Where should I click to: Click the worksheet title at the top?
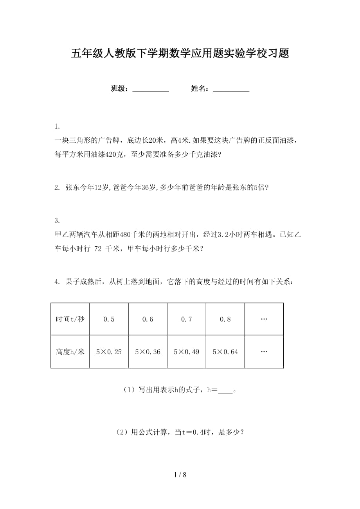(180, 54)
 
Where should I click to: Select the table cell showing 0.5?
(109, 319)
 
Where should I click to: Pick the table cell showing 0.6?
(148, 319)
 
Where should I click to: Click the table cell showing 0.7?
(186, 319)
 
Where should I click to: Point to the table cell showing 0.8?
(225, 319)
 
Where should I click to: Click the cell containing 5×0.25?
(109, 352)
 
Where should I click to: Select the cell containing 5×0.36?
(148, 352)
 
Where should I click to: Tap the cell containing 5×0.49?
(186, 352)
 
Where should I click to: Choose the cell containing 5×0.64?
(225, 352)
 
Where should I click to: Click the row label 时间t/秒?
(70, 319)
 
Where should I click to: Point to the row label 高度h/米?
(70, 352)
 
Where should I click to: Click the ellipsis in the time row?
(264, 319)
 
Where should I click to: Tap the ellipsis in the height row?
(264, 352)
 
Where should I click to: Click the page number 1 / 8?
(180, 475)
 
